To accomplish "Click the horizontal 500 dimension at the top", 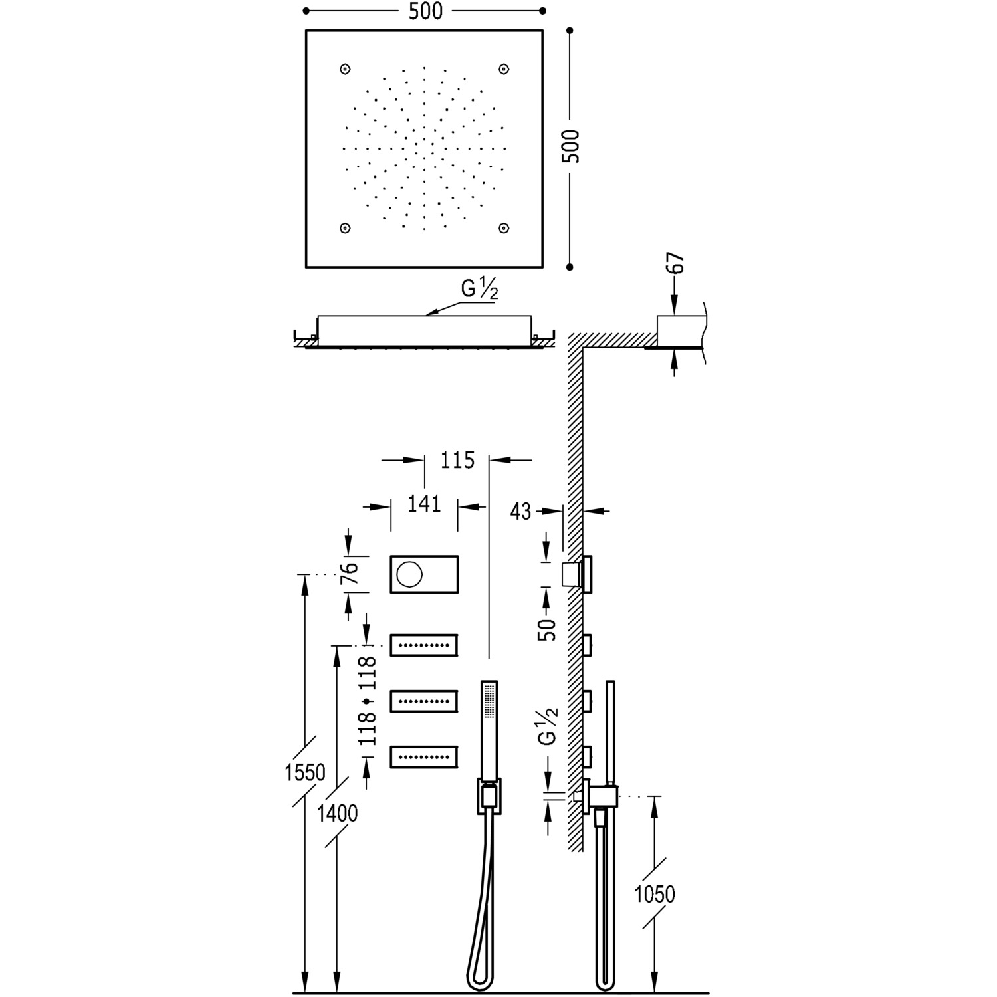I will tap(426, 11).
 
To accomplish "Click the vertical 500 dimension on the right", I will tap(570, 146).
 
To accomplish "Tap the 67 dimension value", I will tap(677, 264).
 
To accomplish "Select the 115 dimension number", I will tap(457, 460).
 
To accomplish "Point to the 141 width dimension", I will tap(424, 504).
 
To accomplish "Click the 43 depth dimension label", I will tap(521, 511).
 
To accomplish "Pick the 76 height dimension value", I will tap(350, 573).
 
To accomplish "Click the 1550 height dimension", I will tap(305, 772).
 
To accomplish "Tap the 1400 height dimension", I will tap(338, 813).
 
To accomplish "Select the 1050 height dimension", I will tap(655, 894).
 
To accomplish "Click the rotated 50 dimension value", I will tap(547, 628).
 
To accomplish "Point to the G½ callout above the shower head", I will tap(480, 290).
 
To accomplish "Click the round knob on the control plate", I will tap(407, 573).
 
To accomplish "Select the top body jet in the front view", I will tap(424, 645).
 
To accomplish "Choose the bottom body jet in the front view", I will tap(424, 756).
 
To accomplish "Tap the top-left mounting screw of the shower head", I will tap(345, 69).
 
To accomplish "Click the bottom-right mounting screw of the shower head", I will tap(504, 228).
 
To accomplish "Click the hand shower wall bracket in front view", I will tap(489, 796).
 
